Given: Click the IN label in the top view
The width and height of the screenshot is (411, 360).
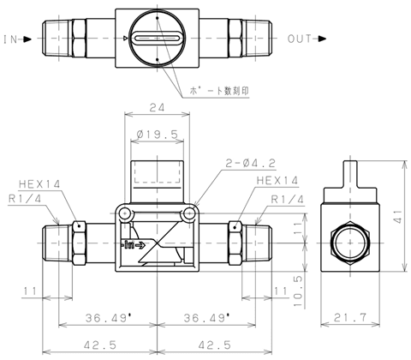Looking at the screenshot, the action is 10,39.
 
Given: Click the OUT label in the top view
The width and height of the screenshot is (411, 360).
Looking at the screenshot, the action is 300,39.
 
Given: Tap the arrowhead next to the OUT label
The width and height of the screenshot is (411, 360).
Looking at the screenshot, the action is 322,39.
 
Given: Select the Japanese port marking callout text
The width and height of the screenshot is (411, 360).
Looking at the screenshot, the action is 219,91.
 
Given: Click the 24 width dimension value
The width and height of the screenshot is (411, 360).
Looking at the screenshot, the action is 158,107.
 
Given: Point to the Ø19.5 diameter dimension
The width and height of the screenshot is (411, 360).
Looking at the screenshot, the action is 158,135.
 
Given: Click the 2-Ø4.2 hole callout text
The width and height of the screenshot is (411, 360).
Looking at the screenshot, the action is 251,163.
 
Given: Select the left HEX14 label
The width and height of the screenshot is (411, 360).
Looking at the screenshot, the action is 39,184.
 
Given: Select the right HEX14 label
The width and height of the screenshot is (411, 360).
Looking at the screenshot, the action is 277,180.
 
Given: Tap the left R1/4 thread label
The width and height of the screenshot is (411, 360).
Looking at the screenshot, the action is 25,199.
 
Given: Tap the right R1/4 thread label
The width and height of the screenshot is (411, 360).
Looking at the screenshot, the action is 288,199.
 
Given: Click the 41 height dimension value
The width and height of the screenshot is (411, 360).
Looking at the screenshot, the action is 398,217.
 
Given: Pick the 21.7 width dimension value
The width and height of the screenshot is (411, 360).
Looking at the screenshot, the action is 350,317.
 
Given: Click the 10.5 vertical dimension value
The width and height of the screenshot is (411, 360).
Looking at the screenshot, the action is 298,291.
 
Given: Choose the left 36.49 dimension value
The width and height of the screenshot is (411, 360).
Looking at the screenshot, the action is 106,318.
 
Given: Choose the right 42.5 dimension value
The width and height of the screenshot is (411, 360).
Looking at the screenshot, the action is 214,345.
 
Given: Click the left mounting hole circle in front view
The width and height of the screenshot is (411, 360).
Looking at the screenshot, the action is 125,213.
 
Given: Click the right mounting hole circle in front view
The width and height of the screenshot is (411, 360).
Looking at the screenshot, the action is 189,213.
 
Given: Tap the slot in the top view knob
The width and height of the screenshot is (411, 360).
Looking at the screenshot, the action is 158,38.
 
